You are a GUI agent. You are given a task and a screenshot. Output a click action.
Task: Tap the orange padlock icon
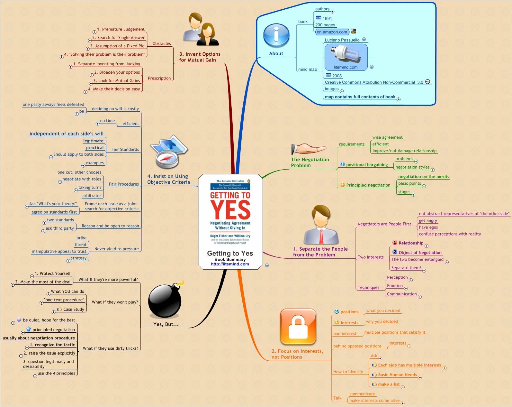pyautogui.click(x=298, y=327)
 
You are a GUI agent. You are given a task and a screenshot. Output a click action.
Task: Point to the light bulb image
pyautogui.click(x=346, y=54)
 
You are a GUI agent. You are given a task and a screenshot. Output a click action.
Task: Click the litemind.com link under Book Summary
pyautogui.click(x=230, y=264)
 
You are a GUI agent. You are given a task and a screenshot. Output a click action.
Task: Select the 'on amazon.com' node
pyautogui.click(x=332, y=32)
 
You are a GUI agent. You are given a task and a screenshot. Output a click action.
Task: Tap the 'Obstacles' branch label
pyautogui.click(x=161, y=44)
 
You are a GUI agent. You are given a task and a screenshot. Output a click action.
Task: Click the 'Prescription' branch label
pyautogui.click(x=159, y=78)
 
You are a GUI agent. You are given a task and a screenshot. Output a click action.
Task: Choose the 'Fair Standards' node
pyautogui.click(x=125, y=149)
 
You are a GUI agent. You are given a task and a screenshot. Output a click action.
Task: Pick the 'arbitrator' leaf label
pyautogui.click(x=92, y=196)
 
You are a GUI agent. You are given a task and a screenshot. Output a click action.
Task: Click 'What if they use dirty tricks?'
pyautogui.click(x=110, y=348)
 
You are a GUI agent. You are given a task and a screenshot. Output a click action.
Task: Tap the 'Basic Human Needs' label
pyautogui.click(x=397, y=375)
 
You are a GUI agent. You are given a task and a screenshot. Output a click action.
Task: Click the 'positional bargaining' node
pyautogui.click(x=367, y=165)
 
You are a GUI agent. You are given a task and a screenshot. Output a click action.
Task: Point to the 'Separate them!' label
pyautogui.click(x=406, y=268)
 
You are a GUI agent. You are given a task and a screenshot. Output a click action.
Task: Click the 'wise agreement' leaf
pyautogui.click(x=387, y=137)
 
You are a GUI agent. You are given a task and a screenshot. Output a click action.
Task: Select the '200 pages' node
pyautogui.click(x=325, y=25)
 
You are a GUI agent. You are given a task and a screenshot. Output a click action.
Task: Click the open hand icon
pyautogui.click(x=309, y=149)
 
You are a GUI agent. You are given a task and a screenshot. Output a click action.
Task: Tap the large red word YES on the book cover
pyautogui.click(x=230, y=210)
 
